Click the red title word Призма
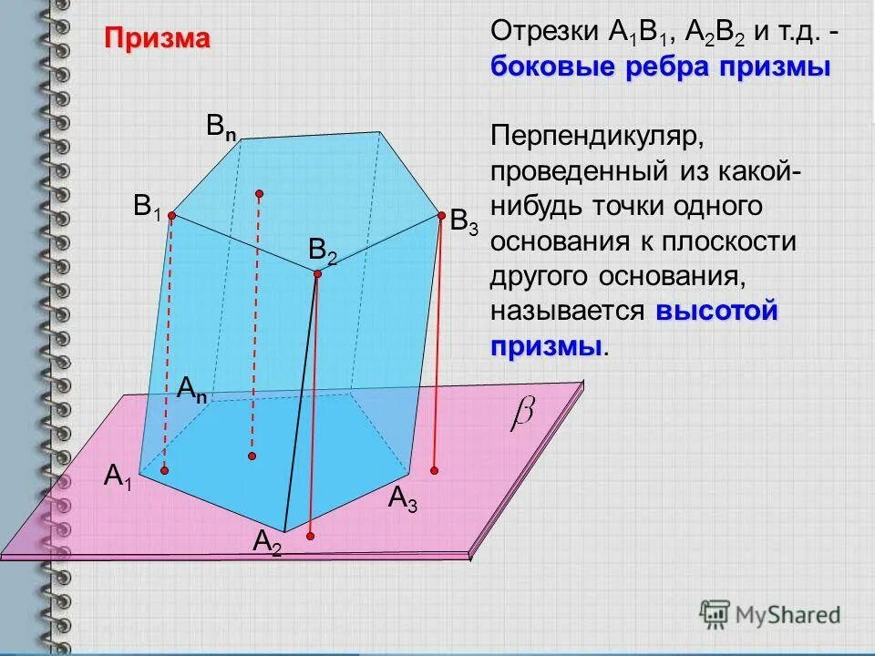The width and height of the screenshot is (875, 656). pyautogui.click(x=157, y=38)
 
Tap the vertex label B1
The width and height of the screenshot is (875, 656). pyautogui.click(x=147, y=206)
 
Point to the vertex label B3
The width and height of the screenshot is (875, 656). pyautogui.click(x=463, y=221)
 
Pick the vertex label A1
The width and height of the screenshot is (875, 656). pyautogui.click(x=118, y=477)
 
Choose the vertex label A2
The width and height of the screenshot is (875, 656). pyautogui.click(x=267, y=543)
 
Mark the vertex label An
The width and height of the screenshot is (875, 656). pyautogui.click(x=191, y=391)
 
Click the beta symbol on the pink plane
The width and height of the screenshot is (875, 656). pyautogui.click(x=522, y=414)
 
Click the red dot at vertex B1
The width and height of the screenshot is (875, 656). pyautogui.click(x=170, y=216)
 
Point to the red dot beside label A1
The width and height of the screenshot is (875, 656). pyautogui.click(x=165, y=470)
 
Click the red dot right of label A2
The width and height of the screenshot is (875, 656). pyautogui.click(x=311, y=537)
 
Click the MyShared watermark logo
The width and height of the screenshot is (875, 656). pyautogui.click(x=770, y=613)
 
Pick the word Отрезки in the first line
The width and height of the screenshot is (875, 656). pyautogui.click(x=545, y=32)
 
